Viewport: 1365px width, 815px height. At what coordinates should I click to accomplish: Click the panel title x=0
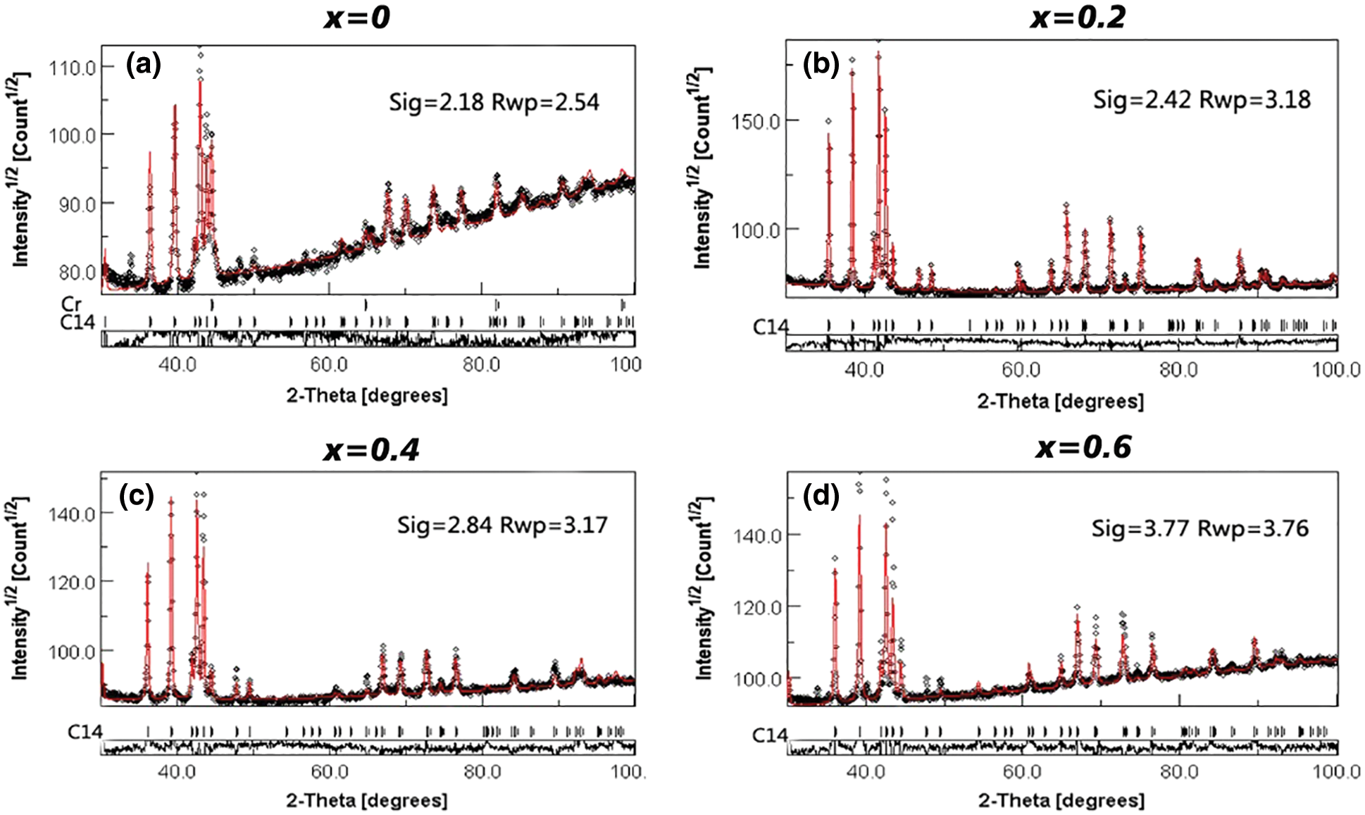[x=357, y=17]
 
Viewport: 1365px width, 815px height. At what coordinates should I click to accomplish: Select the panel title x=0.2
[x=1078, y=17]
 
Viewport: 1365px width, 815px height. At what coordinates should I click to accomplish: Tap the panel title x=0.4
[x=371, y=449]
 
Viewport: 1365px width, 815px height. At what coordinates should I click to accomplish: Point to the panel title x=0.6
[x=1083, y=447]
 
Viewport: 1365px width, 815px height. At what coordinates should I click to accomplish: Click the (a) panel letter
[x=143, y=65]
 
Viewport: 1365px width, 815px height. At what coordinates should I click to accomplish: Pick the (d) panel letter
[x=821, y=497]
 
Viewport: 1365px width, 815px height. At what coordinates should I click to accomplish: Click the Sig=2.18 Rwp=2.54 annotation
[x=494, y=102]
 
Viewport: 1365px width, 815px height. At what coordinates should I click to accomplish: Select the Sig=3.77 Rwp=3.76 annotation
[x=1199, y=528]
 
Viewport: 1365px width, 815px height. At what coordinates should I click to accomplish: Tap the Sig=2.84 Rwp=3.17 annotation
[x=501, y=525]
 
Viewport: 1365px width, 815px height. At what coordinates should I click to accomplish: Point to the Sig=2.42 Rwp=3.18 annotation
[x=1202, y=99]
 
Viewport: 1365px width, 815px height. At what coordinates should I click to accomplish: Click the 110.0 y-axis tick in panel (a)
[x=72, y=68]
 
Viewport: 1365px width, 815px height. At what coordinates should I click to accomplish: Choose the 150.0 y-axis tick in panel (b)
[x=756, y=121]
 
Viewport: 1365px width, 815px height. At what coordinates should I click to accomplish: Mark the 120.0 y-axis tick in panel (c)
[x=71, y=583]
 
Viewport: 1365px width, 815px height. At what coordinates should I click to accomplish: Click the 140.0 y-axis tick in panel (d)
[x=757, y=536]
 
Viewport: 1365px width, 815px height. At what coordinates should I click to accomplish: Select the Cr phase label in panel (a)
[x=71, y=304]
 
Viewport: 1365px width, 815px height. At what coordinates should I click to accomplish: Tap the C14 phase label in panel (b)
[x=770, y=327]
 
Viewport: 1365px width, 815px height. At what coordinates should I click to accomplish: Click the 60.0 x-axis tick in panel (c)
[x=330, y=771]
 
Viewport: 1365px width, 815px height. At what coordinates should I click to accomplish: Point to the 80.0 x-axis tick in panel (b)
[x=1178, y=370]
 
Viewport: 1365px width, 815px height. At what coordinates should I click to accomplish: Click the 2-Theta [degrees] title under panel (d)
[x=1061, y=800]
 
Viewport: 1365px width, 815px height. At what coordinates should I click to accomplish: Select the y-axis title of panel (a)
[x=22, y=169]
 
